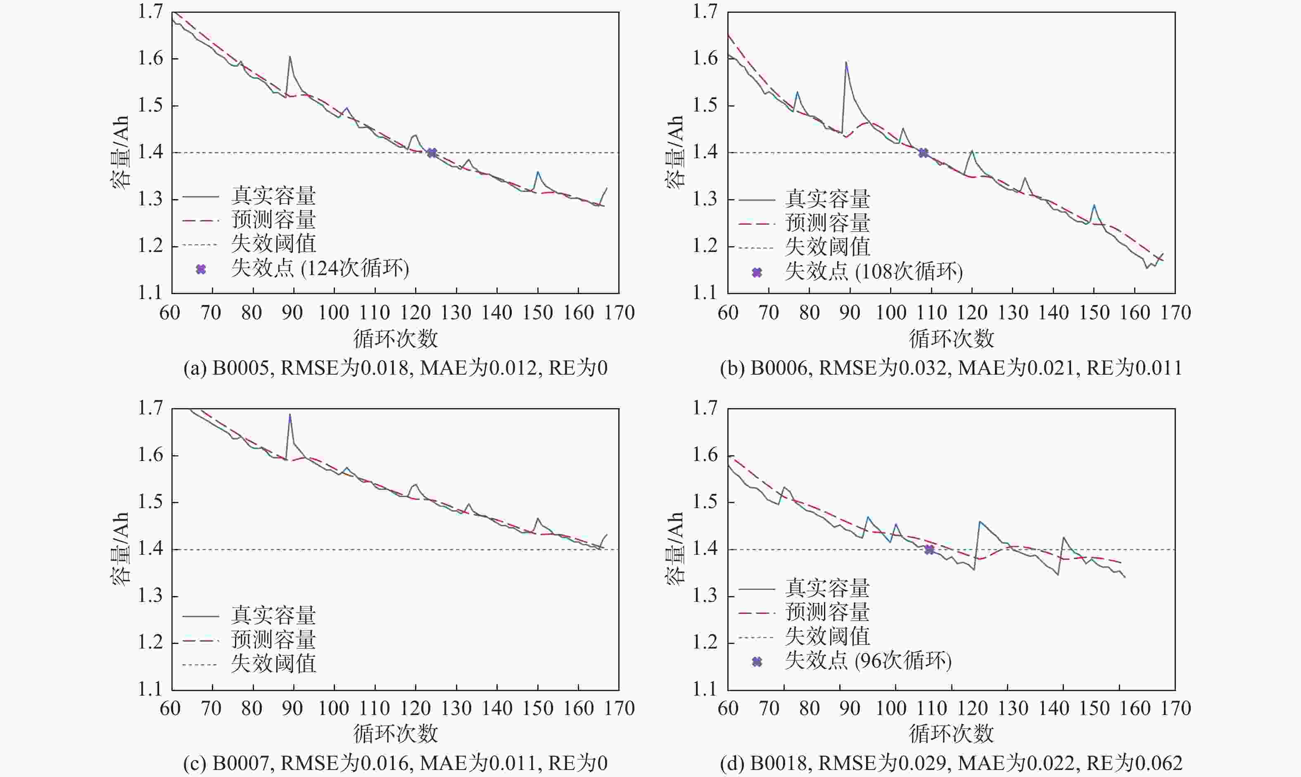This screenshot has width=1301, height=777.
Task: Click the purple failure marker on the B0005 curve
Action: pyautogui.click(x=432, y=153)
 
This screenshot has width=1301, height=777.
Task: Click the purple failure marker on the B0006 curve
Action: pyautogui.click(x=923, y=153)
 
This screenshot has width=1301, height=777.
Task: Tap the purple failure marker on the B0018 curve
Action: pyautogui.click(x=929, y=549)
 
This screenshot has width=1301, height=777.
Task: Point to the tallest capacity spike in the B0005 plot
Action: pyautogui.click(x=290, y=57)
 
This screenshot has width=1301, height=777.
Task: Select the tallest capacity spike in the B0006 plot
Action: pyautogui.click(x=846, y=63)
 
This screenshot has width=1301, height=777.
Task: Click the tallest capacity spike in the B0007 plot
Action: pyautogui.click(x=290, y=415)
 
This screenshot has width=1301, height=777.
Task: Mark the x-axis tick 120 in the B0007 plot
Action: pyautogui.click(x=415, y=708)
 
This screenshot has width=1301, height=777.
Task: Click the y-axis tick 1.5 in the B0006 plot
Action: pyautogui.click(x=705, y=105)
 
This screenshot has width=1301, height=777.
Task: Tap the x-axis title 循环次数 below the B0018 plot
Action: pyautogui.click(x=952, y=734)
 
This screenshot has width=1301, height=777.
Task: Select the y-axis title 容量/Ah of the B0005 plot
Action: pyautogui.click(x=120, y=152)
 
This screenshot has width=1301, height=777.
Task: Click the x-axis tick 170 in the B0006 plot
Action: pyautogui.click(x=1175, y=313)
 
